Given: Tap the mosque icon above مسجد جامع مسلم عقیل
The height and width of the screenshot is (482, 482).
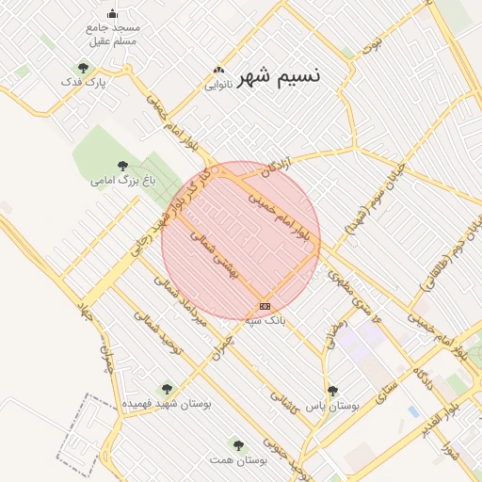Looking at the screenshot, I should click(x=113, y=13).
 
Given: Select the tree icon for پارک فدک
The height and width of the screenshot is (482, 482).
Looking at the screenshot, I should click(x=84, y=68).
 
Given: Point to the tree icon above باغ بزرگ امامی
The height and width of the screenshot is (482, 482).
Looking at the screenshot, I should click(x=122, y=165).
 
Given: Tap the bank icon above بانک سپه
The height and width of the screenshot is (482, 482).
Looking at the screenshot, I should click(x=265, y=306).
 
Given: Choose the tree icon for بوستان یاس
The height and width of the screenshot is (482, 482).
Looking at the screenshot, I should click(x=331, y=390).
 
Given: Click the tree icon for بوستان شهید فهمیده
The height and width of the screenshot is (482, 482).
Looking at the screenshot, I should click(x=167, y=388).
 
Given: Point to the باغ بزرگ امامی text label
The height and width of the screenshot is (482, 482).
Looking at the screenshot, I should click(x=123, y=179).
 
